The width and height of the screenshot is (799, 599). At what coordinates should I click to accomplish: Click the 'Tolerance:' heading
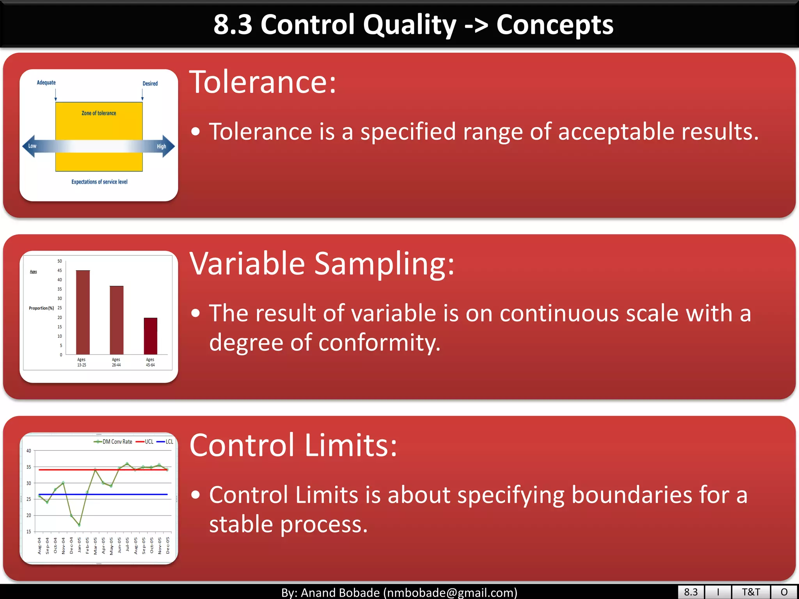tap(262, 82)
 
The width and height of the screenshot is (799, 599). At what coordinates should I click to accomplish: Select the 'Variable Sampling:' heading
tap(322, 264)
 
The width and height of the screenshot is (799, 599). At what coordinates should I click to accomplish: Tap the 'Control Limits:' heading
tap(293, 445)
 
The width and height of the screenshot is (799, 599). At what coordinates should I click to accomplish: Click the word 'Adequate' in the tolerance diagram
tap(46, 83)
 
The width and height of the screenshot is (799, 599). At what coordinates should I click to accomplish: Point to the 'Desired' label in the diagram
tap(150, 83)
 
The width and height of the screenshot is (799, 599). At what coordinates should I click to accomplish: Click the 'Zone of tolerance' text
tap(99, 113)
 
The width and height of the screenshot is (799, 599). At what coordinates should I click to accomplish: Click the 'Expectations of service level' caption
tap(99, 182)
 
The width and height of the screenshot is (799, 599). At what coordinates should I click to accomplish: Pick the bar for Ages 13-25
tap(83, 312)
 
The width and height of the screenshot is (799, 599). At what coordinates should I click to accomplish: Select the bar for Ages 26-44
tap(116, 320)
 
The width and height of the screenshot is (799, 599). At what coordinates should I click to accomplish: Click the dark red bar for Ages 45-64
tap(150, 336)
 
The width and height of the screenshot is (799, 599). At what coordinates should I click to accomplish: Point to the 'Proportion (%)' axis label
tap(41, 308)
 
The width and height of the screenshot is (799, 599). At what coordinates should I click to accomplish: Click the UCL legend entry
tap(145, 442)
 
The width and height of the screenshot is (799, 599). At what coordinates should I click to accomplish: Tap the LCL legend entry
tap(165, 442)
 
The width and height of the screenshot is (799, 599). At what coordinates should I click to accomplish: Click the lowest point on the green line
tap(79, 525)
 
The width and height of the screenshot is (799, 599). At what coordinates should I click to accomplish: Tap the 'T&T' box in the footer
tap(751, 592)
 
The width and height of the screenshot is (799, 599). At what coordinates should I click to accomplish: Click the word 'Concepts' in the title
tap(554, 25)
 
